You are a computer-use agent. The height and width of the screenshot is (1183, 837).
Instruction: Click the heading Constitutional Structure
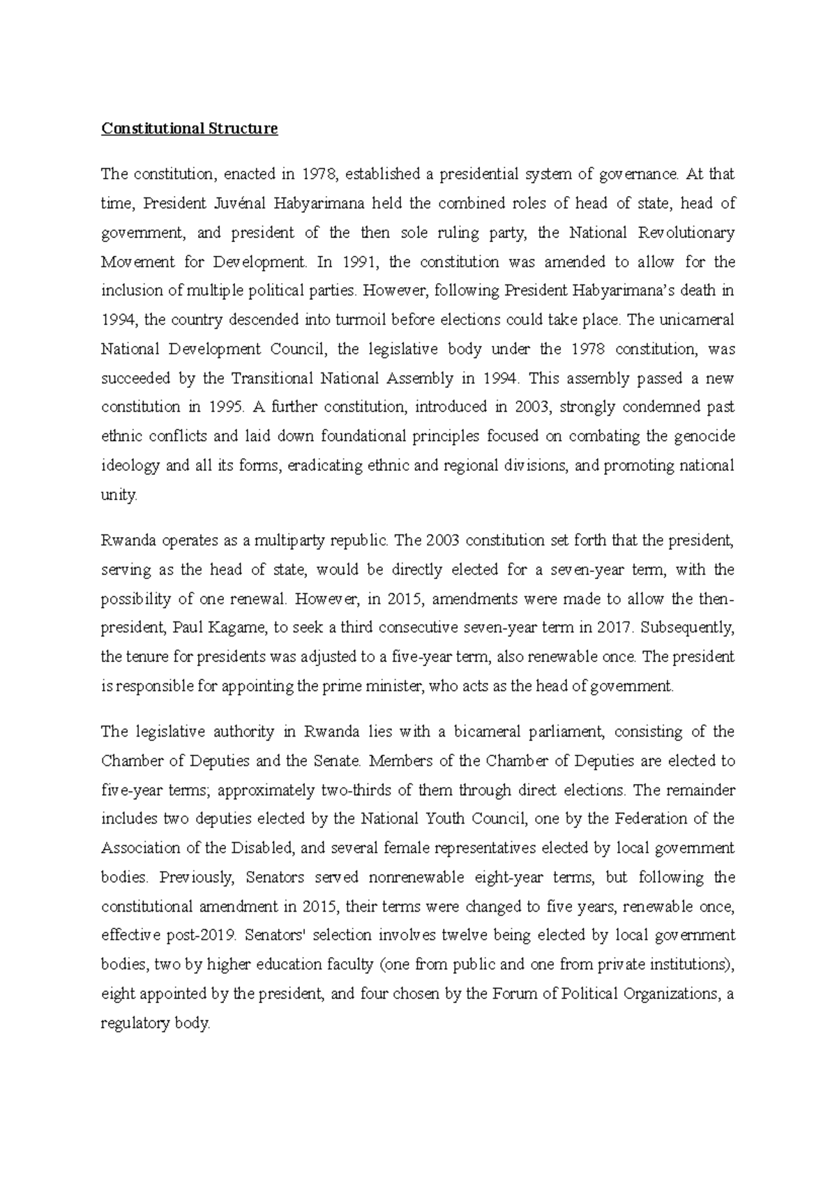[x=190, y=129]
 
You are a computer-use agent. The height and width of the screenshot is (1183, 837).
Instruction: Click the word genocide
[x=704, y=437]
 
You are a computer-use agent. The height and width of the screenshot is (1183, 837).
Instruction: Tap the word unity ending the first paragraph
[x=119, y=495]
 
